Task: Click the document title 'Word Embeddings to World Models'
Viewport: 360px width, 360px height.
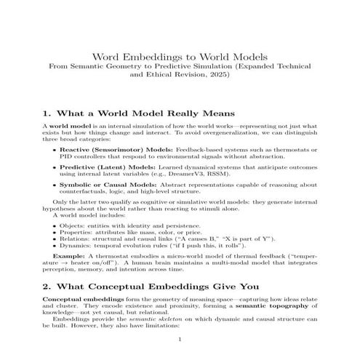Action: coord(180,56)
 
